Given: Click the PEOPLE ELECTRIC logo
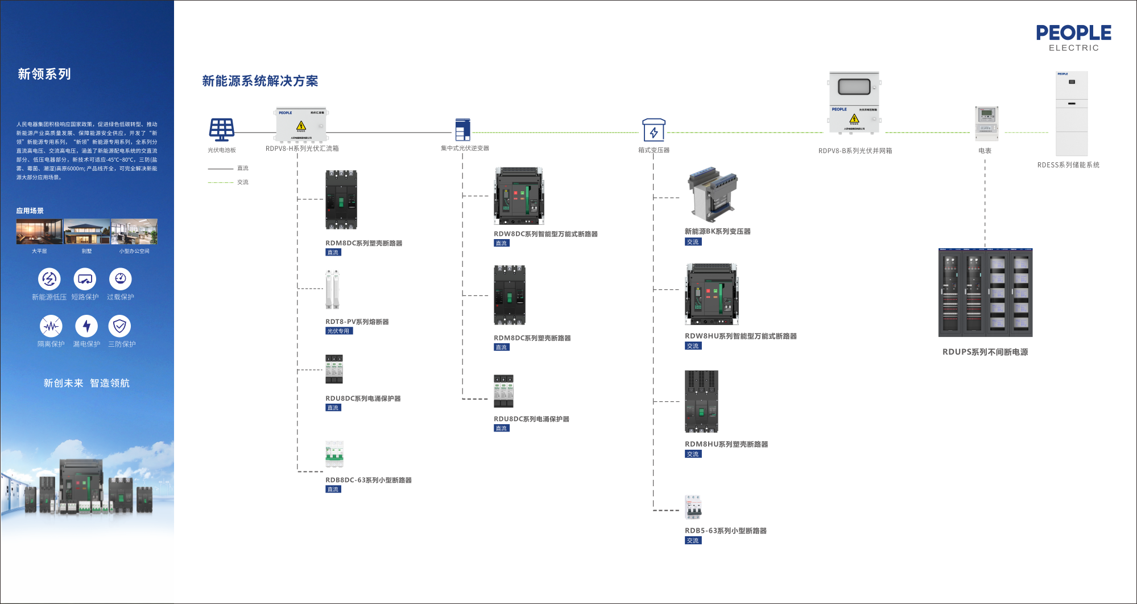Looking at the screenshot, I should pos(1073,38).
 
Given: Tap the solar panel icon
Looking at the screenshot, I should pos(221,130).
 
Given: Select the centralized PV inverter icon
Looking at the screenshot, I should pos(463,129).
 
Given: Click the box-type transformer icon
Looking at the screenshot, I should pos(654,130).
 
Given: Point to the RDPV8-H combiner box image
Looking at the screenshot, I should pos(301,125).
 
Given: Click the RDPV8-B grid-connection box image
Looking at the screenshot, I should pos(854,103).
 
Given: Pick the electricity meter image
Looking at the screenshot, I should pos(986,123).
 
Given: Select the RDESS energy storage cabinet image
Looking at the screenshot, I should pos(1072,113).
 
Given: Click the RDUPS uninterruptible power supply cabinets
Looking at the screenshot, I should pos(985,293).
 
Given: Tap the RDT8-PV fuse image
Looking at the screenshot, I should pos(333,290).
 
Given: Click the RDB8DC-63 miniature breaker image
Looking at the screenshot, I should pos(334,454).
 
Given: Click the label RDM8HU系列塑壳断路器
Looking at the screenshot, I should pos(726,445).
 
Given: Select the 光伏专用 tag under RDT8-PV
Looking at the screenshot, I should pos(339,331).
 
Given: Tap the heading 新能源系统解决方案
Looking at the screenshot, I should pos(260,81).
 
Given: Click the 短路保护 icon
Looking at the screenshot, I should pos(85,279).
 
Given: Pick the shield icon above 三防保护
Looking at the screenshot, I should pos(119,326).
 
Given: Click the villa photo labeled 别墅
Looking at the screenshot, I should pos(86,232).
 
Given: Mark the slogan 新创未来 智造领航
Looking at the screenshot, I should pos(86,383).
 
